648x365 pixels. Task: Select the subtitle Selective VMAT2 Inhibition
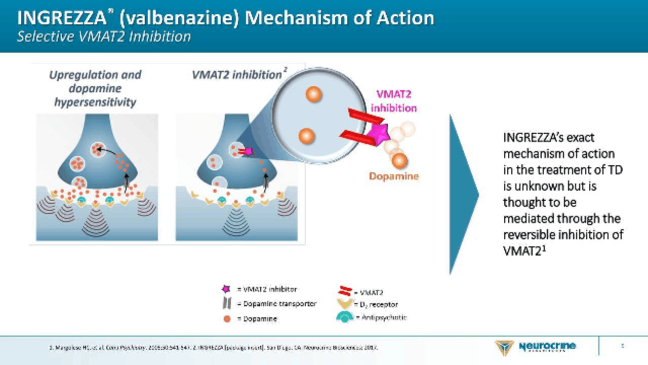coord(104,36)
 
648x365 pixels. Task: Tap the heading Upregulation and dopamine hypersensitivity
coord(95,88)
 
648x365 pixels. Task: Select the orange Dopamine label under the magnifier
coord(394,176)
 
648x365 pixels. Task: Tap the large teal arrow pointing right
coord(463,194)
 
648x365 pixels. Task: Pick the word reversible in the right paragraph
coord(532,235)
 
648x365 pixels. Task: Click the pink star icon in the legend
coord(226,289)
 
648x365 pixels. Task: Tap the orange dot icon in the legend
coord(227,319)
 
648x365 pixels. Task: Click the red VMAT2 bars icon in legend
coord(345,291)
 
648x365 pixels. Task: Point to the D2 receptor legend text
coord(376,305)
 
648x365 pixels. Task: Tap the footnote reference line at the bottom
coord(213,347)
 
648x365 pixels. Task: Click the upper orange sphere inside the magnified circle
coord(314,94)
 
